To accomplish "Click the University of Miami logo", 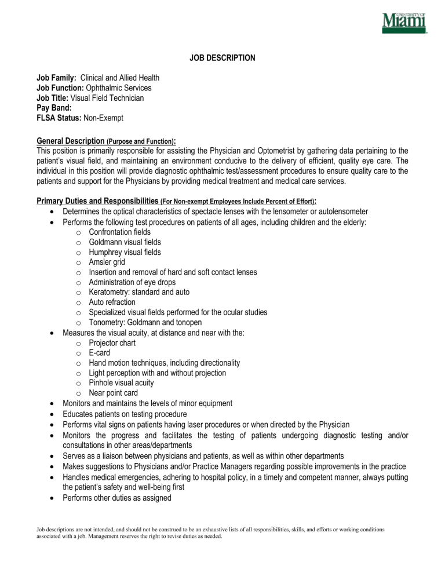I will point(404,24).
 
